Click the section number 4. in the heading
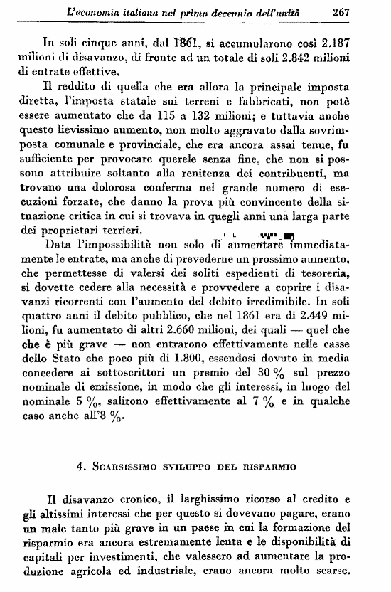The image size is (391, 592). tap(81, 467)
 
